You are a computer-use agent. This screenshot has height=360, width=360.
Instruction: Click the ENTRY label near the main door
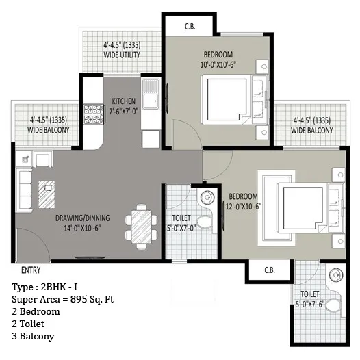[31, 270]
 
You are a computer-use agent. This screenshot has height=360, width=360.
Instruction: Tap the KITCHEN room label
[123, 101]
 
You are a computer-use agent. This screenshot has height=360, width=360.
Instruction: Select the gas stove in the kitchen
[94, 114]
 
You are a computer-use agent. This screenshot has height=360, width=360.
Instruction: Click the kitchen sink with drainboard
[151, 94]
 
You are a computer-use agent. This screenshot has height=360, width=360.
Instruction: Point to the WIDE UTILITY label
[122, 55]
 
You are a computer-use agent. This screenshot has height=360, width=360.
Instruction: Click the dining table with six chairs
[142, 227]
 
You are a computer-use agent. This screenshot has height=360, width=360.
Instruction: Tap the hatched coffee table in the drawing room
[47, 194]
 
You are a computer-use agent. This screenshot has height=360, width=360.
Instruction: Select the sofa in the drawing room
[24, 190]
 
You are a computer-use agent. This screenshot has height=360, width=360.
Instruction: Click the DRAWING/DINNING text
[82, 218]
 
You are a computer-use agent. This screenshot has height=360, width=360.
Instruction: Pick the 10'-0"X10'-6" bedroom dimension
[218, 65]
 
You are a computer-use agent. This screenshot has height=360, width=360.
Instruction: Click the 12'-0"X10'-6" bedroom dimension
[244, 207]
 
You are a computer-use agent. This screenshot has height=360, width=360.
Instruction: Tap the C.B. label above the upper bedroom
[190, 27]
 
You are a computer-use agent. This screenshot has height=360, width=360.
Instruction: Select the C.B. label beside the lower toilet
[270, 270]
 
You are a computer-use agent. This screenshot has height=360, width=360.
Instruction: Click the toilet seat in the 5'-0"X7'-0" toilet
[205, 222]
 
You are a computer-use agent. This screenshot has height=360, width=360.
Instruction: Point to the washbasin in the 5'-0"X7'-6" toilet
[336, 275]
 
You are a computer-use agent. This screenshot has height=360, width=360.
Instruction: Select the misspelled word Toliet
[32, 324]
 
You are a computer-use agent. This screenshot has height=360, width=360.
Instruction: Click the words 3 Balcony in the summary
[33, 336]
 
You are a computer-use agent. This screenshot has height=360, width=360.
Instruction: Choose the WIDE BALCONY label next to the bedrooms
[312, 131]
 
